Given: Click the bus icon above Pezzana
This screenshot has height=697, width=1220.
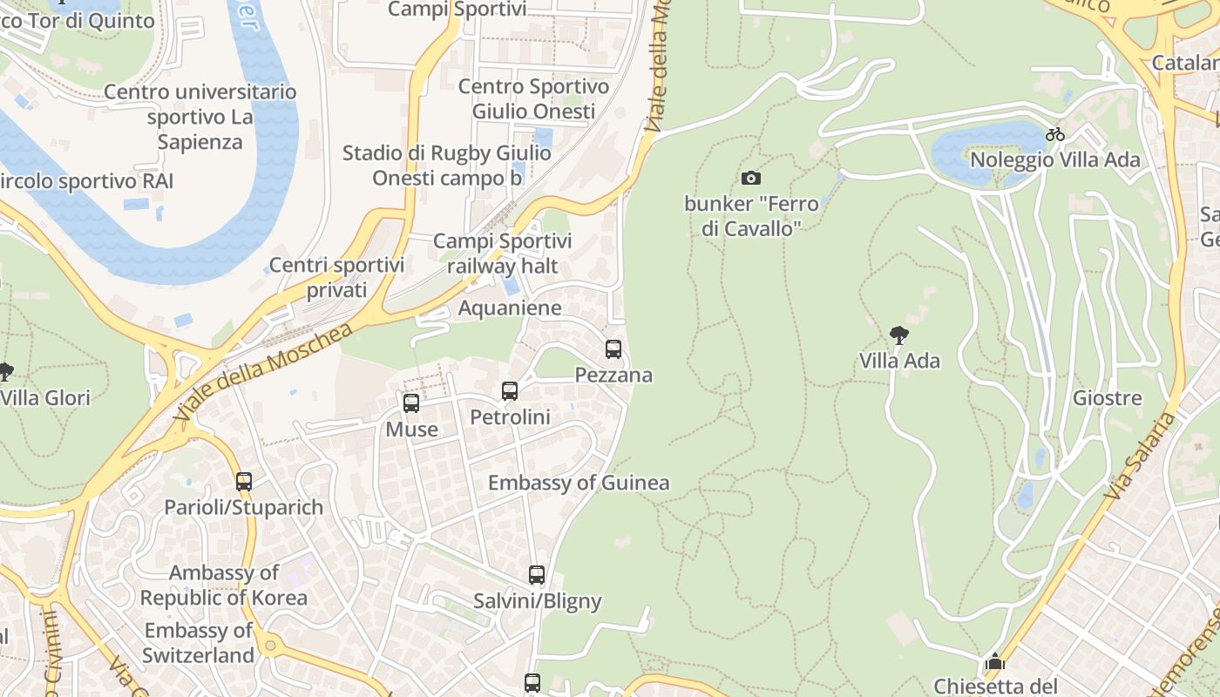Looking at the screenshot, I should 613,349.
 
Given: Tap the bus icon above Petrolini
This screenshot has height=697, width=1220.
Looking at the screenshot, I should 510,391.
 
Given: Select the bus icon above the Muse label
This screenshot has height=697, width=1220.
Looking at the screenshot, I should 411,403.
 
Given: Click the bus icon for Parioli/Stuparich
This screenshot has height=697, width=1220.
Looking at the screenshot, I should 244,481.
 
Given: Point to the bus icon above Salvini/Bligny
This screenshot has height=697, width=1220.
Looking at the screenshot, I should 537,575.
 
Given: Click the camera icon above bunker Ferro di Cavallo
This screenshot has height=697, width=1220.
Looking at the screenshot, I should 750,179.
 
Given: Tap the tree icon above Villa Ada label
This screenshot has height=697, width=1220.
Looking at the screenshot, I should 899,335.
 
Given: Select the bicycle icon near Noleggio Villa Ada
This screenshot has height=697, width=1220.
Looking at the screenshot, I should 1055,134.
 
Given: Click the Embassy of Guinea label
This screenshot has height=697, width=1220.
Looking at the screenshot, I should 579,483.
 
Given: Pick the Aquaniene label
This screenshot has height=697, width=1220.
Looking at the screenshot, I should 510,308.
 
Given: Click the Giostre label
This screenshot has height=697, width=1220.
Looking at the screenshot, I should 1107,398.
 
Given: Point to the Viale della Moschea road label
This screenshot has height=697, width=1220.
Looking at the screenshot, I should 266,372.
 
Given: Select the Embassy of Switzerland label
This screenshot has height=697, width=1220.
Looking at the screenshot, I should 199,642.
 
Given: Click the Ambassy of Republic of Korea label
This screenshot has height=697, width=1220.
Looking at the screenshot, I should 223,585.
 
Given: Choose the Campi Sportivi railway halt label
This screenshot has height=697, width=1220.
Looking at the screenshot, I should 502,253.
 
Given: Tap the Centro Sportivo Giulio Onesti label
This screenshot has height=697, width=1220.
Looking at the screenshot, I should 533,98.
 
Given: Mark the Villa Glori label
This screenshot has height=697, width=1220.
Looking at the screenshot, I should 45,398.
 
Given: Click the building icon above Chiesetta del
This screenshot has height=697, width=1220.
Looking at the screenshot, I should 994,662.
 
